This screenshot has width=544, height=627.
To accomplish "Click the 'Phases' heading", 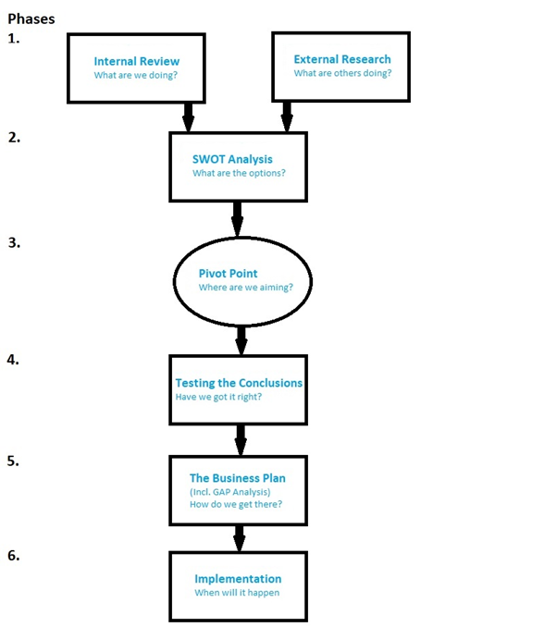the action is (x=31, y=18).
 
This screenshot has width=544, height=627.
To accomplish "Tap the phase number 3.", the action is (x=14, y=242).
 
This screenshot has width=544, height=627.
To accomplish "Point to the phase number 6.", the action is (x=14, y=556).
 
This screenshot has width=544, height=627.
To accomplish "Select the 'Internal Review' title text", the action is (x=136, y=61).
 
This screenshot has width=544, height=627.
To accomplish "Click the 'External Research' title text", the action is (x=342, y=59).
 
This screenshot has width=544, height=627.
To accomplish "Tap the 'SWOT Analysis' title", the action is (x=232, y=159).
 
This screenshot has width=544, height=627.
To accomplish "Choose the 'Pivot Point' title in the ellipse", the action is (x=228, y=274).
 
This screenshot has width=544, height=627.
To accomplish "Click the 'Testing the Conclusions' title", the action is (x=239, y=383).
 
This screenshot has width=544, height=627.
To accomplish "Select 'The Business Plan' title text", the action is (x=238, y=478).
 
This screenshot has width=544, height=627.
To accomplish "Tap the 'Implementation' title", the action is (x=238, y=579).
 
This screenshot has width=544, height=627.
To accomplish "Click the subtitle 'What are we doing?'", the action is (x=136, y=75).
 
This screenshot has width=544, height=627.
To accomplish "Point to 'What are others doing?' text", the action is (x=343, y=73).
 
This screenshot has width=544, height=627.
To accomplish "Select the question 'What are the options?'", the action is (x=239, y=173).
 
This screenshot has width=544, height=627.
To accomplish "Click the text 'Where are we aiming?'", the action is (x=245, y=288).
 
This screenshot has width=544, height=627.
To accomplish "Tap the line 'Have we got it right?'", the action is (x=218, y=397).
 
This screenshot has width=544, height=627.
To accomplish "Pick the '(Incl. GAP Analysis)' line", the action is (x=230, y=492).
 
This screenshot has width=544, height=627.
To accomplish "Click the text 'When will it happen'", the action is (x=237, y=593).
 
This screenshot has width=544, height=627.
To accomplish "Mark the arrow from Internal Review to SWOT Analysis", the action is (x=188, y=117).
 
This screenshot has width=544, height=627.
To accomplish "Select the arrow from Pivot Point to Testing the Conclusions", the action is (x=241, y=340).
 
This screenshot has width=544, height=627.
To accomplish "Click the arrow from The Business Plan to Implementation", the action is (x=239, y=538).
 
